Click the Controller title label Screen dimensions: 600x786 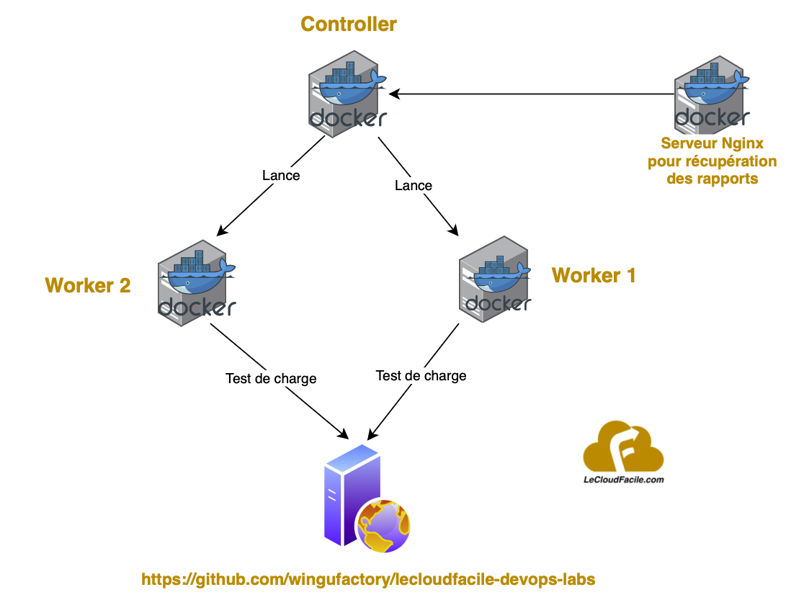[348, 24]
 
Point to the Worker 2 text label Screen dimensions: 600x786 [88, 285]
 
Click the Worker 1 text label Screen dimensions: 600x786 [594, 275]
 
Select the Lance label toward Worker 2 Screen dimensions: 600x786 [281, 175]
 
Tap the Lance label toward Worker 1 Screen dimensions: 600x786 [414, 185]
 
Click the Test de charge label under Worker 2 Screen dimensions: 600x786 [271, 378]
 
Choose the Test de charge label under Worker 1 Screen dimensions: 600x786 [421, 375]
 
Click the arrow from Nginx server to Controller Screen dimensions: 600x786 [533, 94]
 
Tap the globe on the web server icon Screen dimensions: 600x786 [383, 524]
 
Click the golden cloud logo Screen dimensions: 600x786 [622, 447]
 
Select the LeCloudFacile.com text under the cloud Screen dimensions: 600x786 [622, 478]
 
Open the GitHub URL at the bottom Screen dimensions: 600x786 [368, 579]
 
